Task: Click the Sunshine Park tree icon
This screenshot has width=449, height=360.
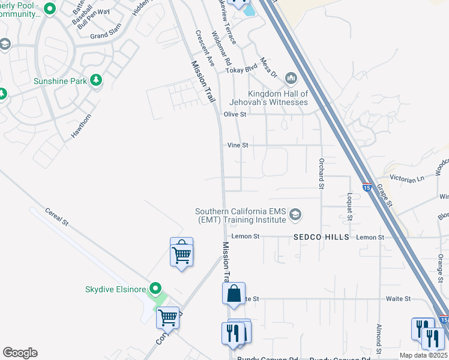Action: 95,80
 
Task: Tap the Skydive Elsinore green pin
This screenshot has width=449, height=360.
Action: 156,289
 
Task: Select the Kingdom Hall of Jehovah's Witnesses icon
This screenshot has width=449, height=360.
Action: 291,78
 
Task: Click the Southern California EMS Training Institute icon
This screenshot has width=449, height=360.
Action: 295,214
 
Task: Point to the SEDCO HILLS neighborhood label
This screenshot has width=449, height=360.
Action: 321,237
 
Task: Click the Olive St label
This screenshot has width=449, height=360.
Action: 235,114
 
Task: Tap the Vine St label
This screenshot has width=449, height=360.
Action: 238,145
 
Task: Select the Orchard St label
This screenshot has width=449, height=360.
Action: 321,173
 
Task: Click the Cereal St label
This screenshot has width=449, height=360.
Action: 57,217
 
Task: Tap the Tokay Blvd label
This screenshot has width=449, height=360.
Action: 241,70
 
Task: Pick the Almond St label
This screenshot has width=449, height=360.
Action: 379,340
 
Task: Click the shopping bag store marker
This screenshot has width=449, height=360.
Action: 234,295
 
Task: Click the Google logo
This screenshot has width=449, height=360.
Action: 20,353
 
